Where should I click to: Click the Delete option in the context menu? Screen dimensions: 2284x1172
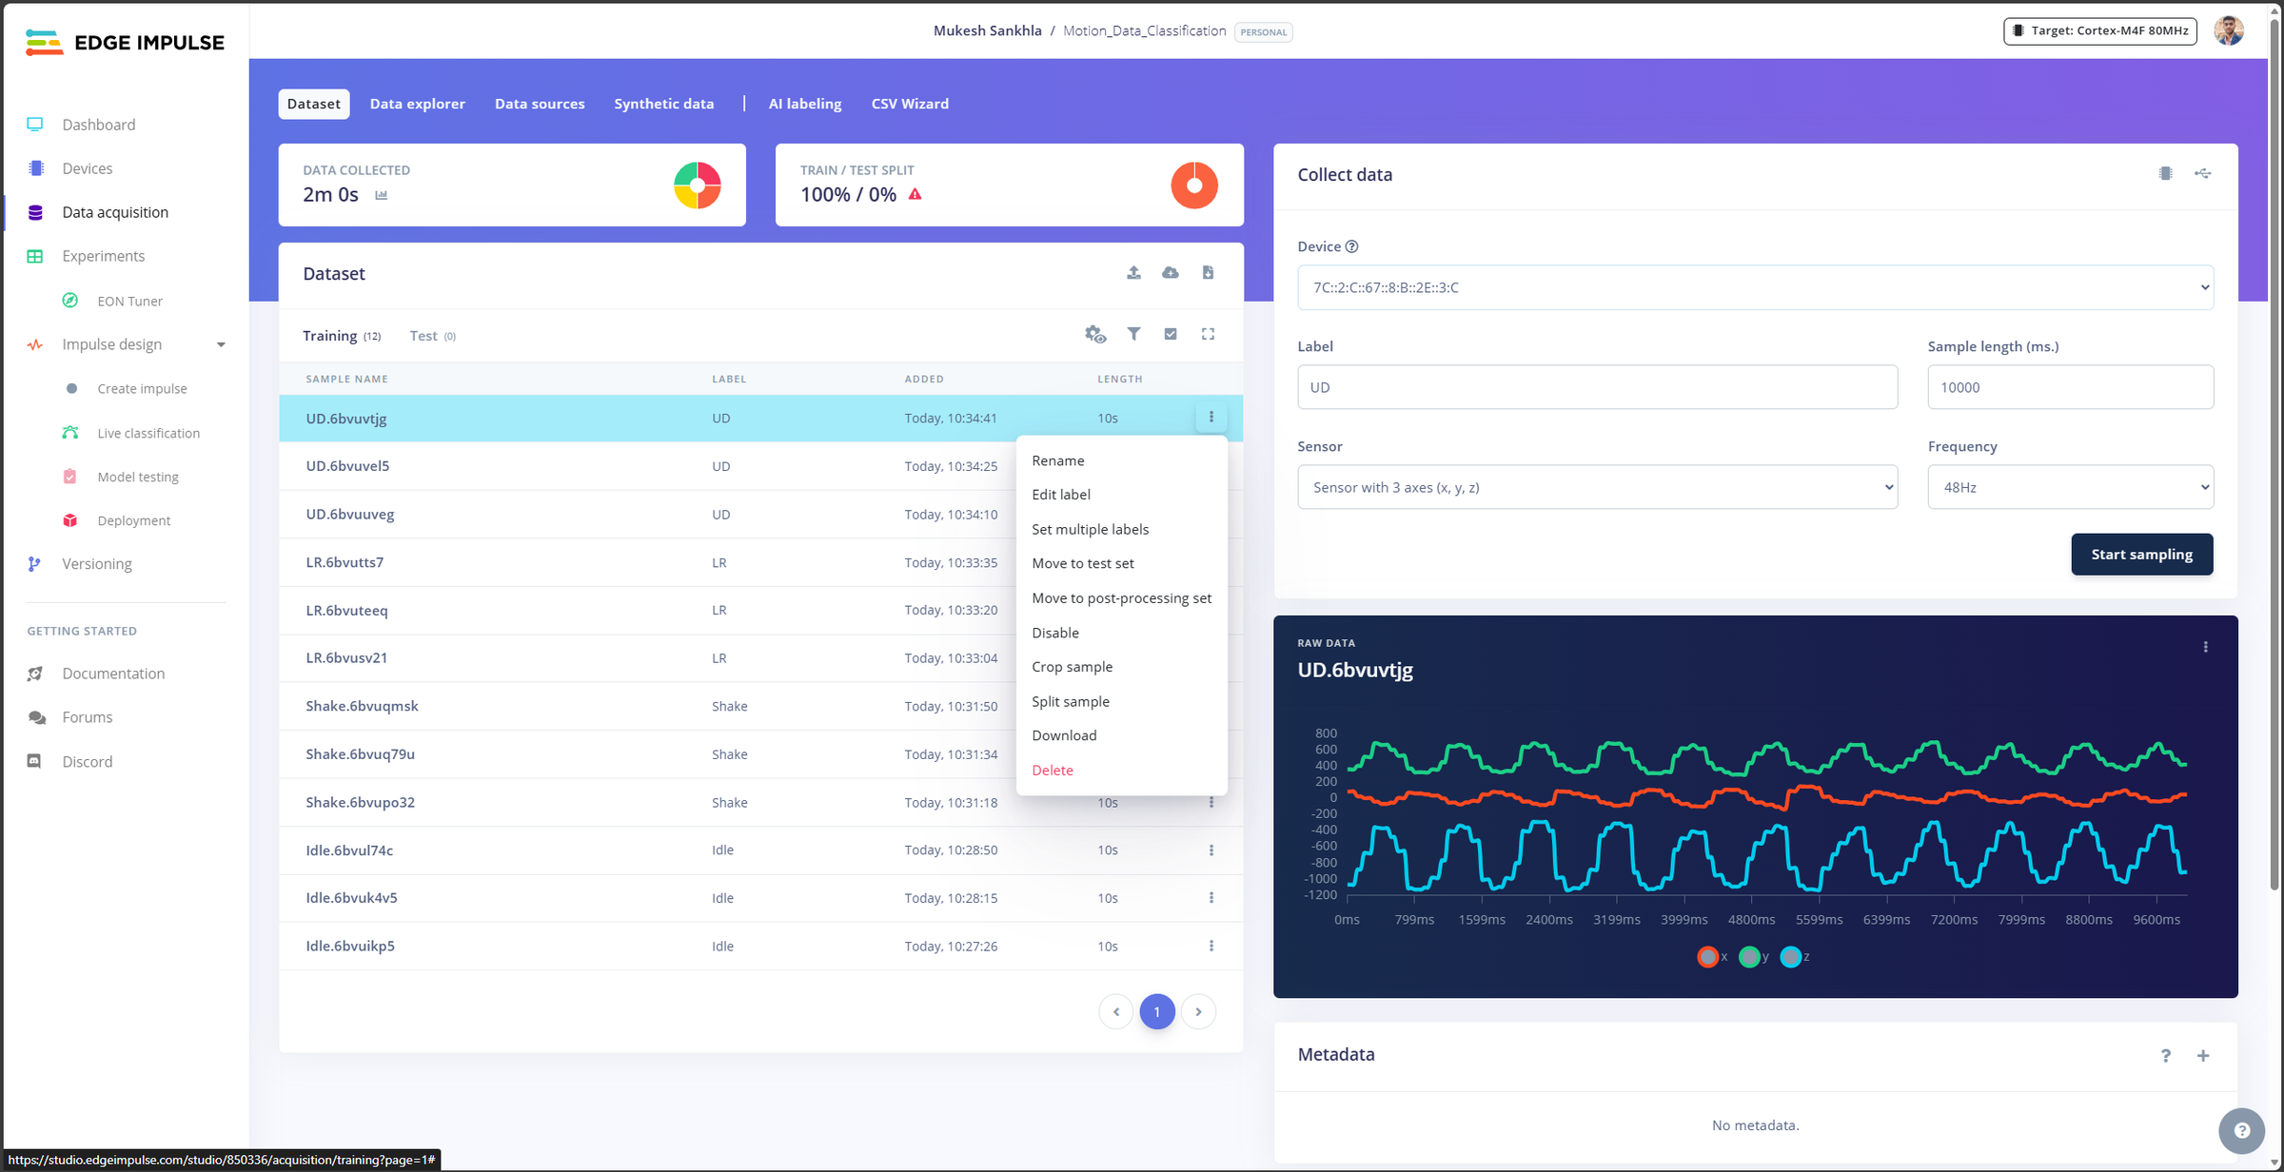click(1052, 771)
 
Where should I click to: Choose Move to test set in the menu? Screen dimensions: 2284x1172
click(1082, 563)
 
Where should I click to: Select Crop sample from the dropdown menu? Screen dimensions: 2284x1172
click(1072, 667)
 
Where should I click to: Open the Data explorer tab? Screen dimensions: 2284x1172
click(417, 104)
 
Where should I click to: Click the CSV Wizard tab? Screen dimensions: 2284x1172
click(909, 104)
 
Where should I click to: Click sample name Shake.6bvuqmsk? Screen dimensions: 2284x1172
click(362, 706)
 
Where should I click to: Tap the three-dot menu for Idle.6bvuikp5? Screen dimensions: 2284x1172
click(1211, 946)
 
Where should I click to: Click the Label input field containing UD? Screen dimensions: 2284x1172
click(1597, 387)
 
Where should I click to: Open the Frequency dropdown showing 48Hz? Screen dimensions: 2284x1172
click(2070, 487)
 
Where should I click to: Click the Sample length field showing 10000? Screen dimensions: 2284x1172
click(2070, 387)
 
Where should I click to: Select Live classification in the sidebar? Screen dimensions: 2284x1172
click(148, 433)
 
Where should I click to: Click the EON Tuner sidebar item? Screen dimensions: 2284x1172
click(129, 301)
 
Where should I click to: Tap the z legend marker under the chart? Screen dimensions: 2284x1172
click(1791, 957)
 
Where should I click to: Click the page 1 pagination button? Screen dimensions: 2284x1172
click(1156, 1011)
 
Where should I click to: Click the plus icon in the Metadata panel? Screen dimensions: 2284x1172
click(2202, 1055)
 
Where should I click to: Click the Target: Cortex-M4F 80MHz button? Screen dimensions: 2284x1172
click(2100, 31)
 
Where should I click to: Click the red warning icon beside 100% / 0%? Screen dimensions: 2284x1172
click(915, 194)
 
